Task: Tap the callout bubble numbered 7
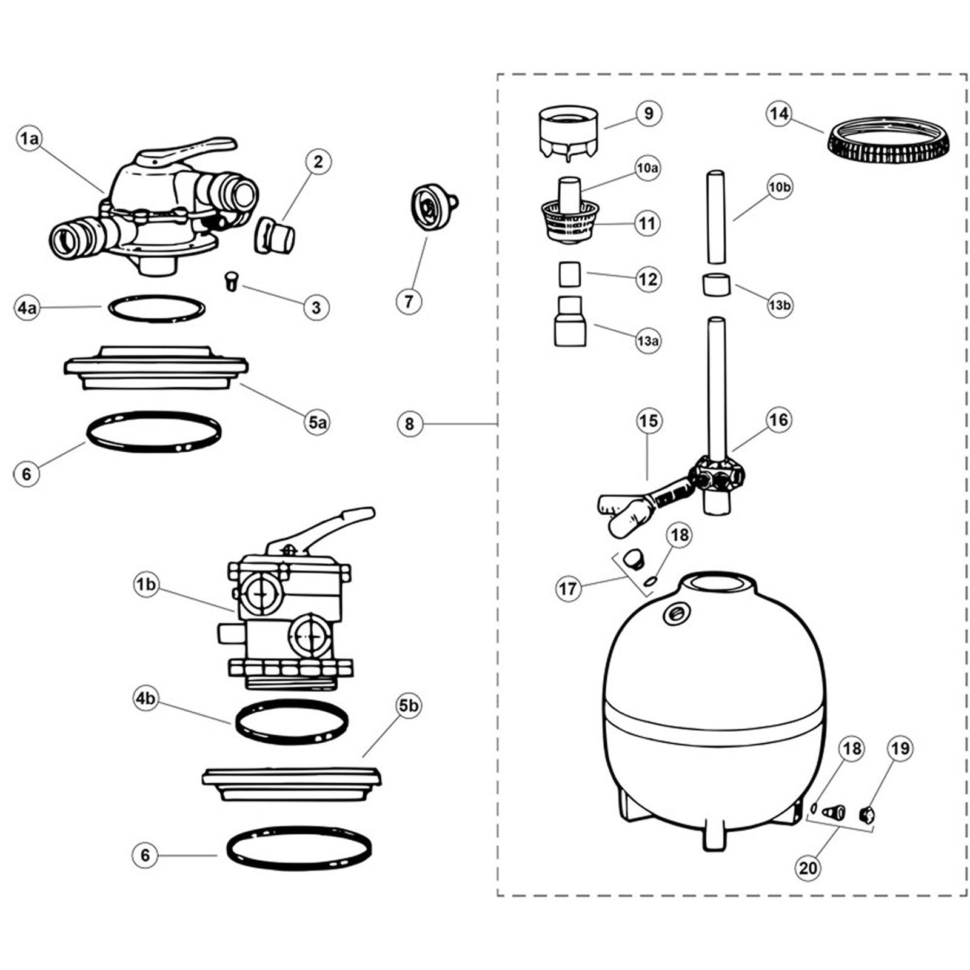tap(409, 301)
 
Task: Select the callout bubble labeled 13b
tap(780, 305)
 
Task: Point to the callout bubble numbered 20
tap(808, 868)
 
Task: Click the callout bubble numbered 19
tap(900, 749)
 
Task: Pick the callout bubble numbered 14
tap(779, 113)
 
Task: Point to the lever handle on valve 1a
tap(185, 152)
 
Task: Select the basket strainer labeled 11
tap(569, 222)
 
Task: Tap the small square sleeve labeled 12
tap(569, 274)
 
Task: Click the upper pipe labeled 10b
tap(716, 217)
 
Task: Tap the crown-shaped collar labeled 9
tap(569, 132)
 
